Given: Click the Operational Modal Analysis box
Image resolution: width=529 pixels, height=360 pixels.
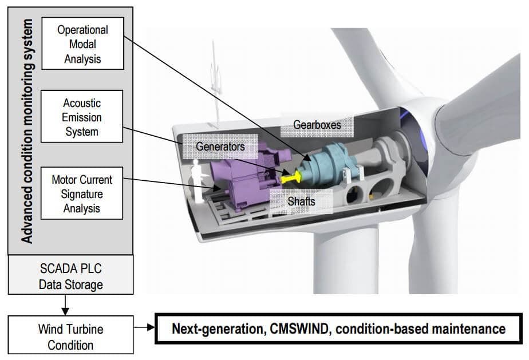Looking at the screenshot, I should click(83, 43).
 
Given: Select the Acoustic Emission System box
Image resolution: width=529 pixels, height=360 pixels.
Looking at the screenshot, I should click(81, 117).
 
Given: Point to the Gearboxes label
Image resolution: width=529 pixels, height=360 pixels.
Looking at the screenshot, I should click(316, 124).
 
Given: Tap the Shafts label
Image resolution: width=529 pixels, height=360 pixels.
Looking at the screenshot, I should click(301, 201).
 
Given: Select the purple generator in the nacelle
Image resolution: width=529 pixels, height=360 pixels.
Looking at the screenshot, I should click(235, 175).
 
